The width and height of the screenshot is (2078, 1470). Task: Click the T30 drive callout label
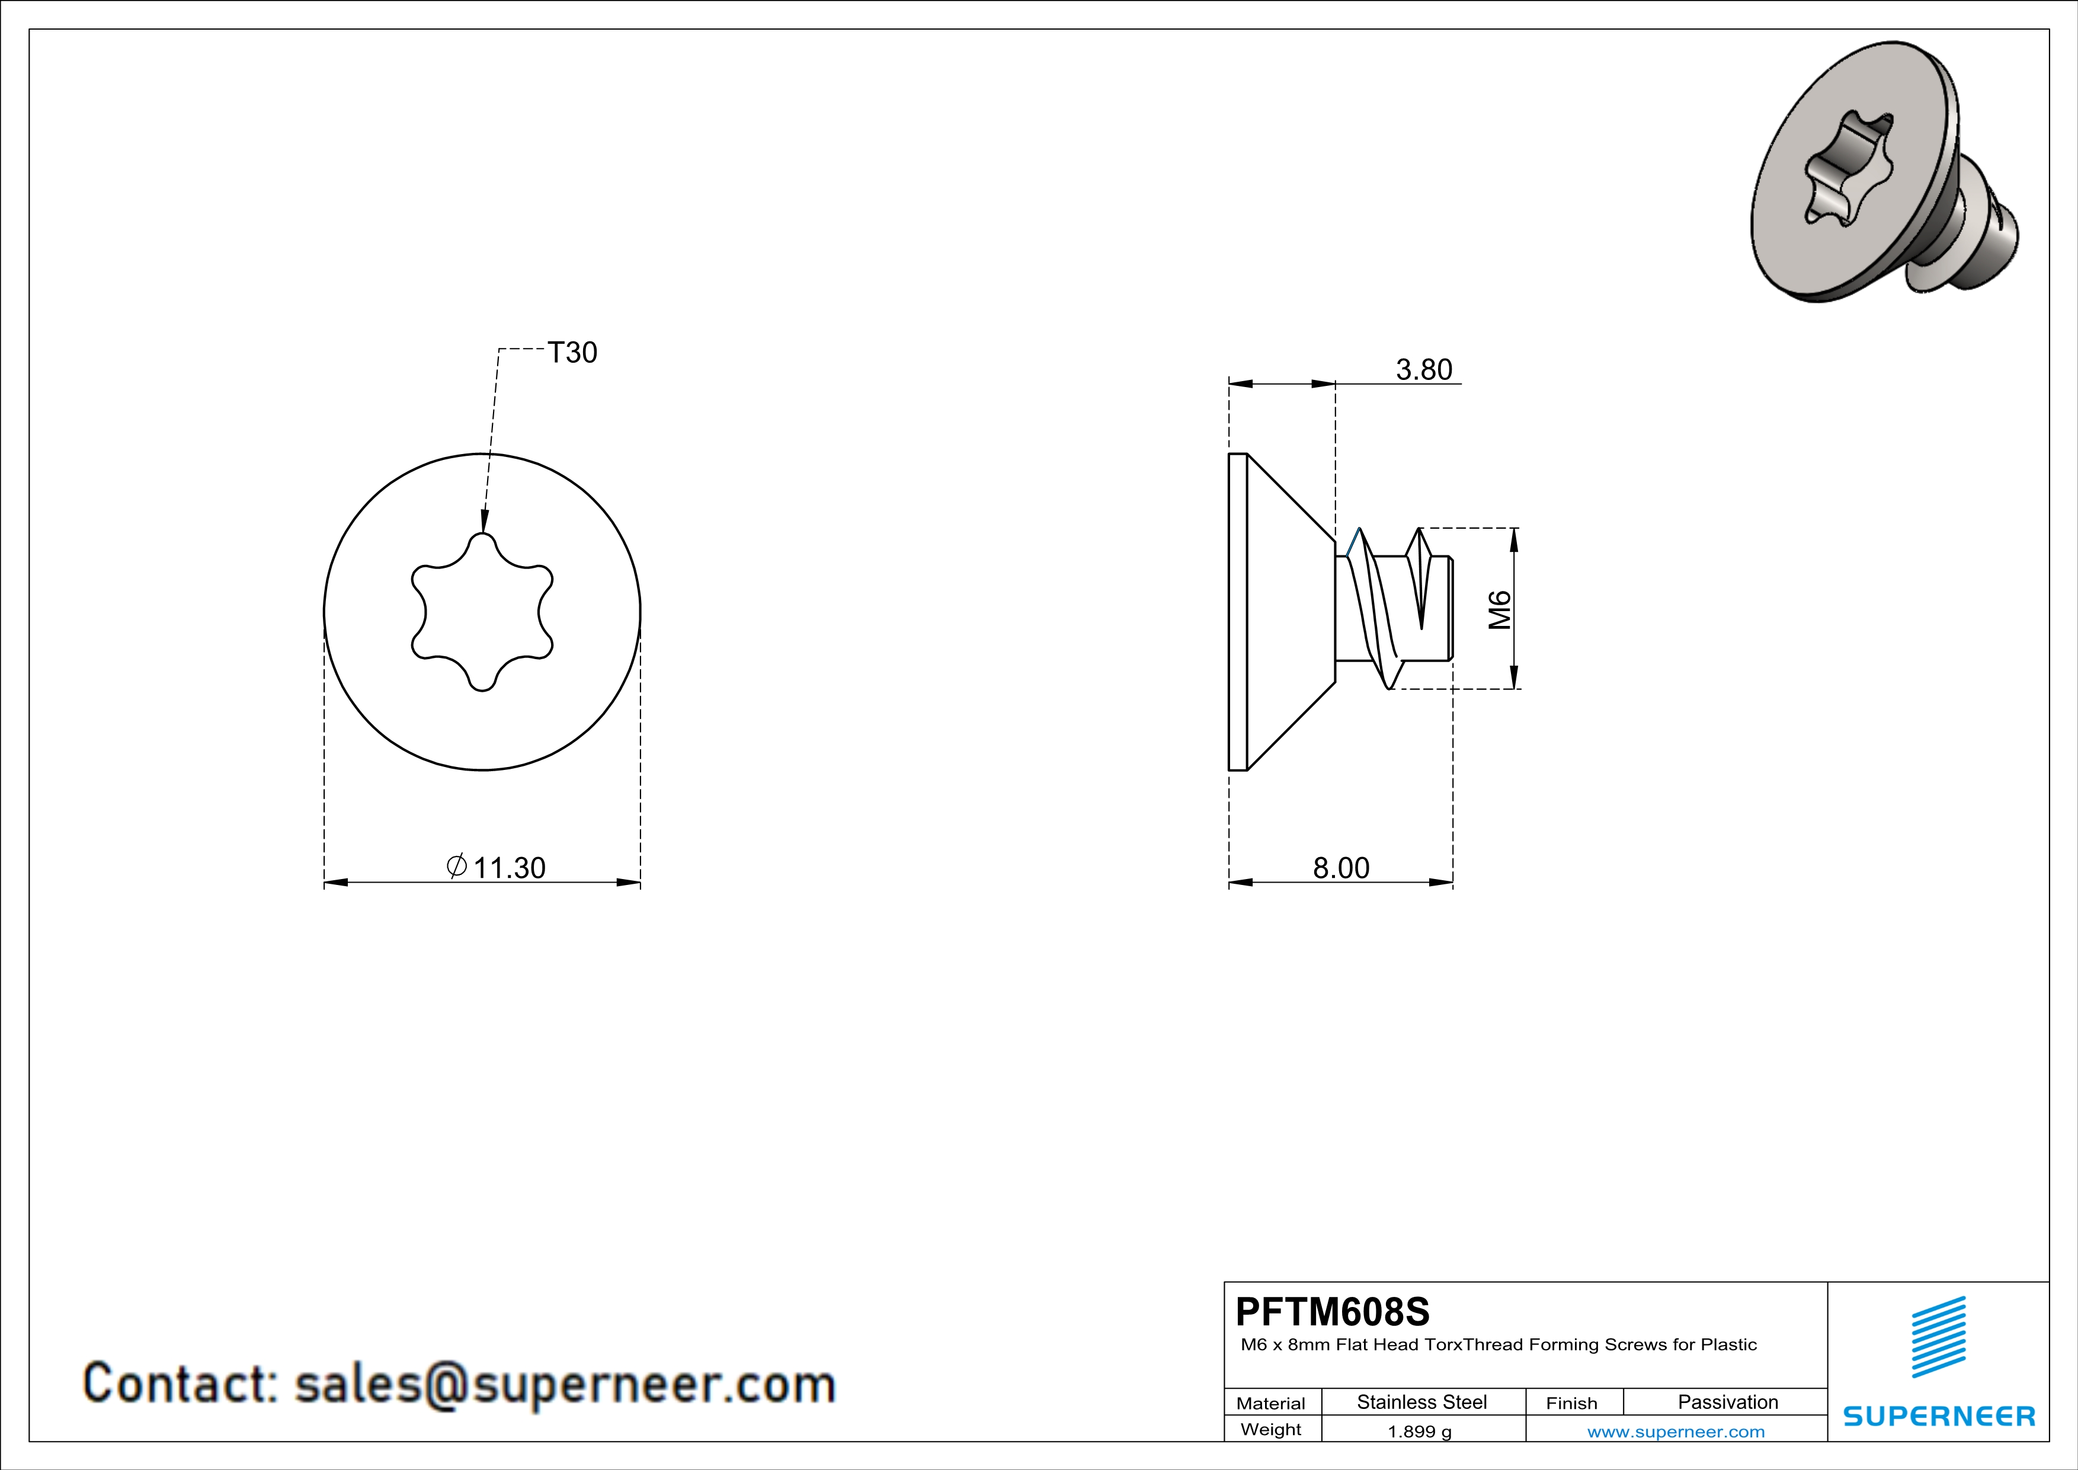pyautogui.click(x=572, y=352)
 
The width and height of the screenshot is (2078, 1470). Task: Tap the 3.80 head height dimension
pyautogui.click(x=1424, y=369)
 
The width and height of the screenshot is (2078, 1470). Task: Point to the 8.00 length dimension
pyautogui.click(x=1341, y=867)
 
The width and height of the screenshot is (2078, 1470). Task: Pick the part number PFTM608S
pyautogui.click(x=1332, y=1311)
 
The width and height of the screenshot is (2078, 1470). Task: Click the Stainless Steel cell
pyautogui.click(x=1422, y=1402)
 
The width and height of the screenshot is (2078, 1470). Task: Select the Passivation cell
pyautogui.click(x=1728, y=1402)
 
